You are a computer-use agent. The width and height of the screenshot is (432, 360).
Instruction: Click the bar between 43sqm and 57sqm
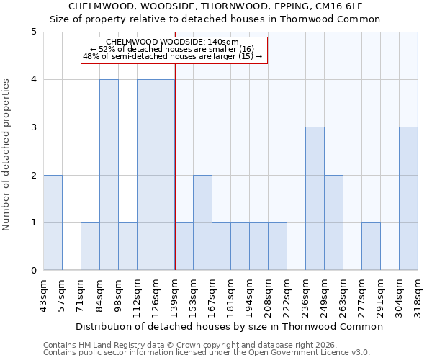coord(53,222)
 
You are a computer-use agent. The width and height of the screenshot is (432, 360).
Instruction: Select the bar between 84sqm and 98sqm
coord(109,175)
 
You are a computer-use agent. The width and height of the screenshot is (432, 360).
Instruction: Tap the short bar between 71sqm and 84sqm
coord(90,246)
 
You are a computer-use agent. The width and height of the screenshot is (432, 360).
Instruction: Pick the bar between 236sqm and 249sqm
coord(315,199)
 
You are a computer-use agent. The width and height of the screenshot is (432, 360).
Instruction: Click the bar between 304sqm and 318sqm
coord(408,199)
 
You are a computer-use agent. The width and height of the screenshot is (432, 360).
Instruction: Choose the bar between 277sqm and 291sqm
coord(371,246)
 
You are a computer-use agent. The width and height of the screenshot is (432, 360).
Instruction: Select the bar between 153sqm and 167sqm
coord(202,222)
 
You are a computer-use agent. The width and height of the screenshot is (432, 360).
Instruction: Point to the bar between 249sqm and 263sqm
coord(333,222)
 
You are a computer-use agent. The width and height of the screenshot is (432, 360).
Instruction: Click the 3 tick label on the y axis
coord(33,127)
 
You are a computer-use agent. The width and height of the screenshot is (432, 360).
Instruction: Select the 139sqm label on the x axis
coord(175,294)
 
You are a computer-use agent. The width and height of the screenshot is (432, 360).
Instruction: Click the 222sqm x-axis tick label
coord(287,294)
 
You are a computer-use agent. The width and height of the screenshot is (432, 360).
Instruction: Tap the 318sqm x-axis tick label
coord(418,294)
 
